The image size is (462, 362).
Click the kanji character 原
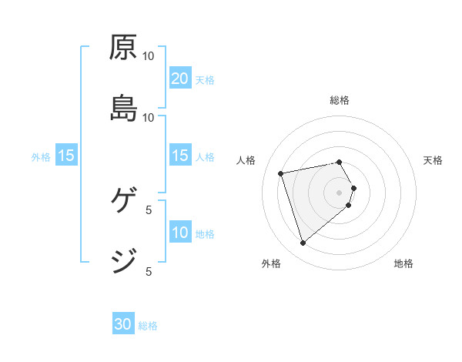point(123,48)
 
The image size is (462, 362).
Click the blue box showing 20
point(180,79)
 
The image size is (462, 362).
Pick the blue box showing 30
point(123,325)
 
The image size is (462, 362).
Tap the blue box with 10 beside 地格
point(180,233)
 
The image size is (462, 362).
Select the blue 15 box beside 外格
point(66,156)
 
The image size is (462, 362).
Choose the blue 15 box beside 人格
point(180,156)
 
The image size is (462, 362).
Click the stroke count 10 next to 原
point(149,56)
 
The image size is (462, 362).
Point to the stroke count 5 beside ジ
point(149,271)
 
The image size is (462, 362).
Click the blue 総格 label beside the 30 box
point(148,326)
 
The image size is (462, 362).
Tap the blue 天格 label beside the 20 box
point(205,79)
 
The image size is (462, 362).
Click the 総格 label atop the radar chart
point(340,100)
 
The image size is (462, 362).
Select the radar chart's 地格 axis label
point(403,263)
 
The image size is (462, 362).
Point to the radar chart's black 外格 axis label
point(271,263)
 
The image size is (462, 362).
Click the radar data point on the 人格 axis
point(281,173)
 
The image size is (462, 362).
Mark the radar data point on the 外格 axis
point(303,243)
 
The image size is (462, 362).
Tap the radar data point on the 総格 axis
point(340,162)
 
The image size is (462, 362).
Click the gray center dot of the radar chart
point(340,191)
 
